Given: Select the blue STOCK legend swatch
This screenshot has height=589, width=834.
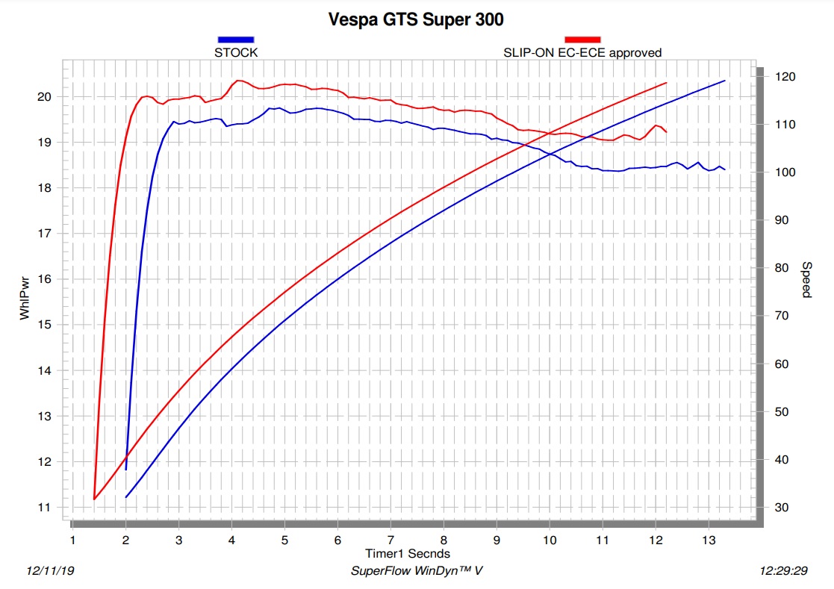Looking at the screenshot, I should click(x=236, y=40).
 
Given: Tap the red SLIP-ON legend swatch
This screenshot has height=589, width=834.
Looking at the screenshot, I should click(x=582, y=40).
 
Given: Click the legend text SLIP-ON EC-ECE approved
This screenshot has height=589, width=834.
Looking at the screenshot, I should click(x=582, y=52).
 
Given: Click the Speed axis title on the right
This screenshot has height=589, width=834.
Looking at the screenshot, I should click(x=806, y=280).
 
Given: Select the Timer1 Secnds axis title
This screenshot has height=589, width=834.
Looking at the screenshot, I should click(x=408, y=553).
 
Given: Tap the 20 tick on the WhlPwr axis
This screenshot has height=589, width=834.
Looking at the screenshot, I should click(x=44, y=96).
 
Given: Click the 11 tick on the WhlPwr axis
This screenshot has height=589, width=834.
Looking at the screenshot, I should click(x=44, y=508).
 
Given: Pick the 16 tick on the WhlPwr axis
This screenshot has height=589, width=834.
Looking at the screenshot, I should click(x=44, y=279).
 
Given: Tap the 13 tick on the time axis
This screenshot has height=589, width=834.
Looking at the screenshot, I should click(x=709, y=540).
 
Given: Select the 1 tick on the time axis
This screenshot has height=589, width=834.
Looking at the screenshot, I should click(x=72, y=540).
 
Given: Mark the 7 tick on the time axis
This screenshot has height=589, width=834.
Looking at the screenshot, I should click(x=390, y=540).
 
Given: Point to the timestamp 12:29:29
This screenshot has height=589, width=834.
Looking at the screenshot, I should click(x=783, y=571).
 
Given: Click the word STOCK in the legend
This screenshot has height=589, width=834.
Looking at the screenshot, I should click(x=236, y=52).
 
